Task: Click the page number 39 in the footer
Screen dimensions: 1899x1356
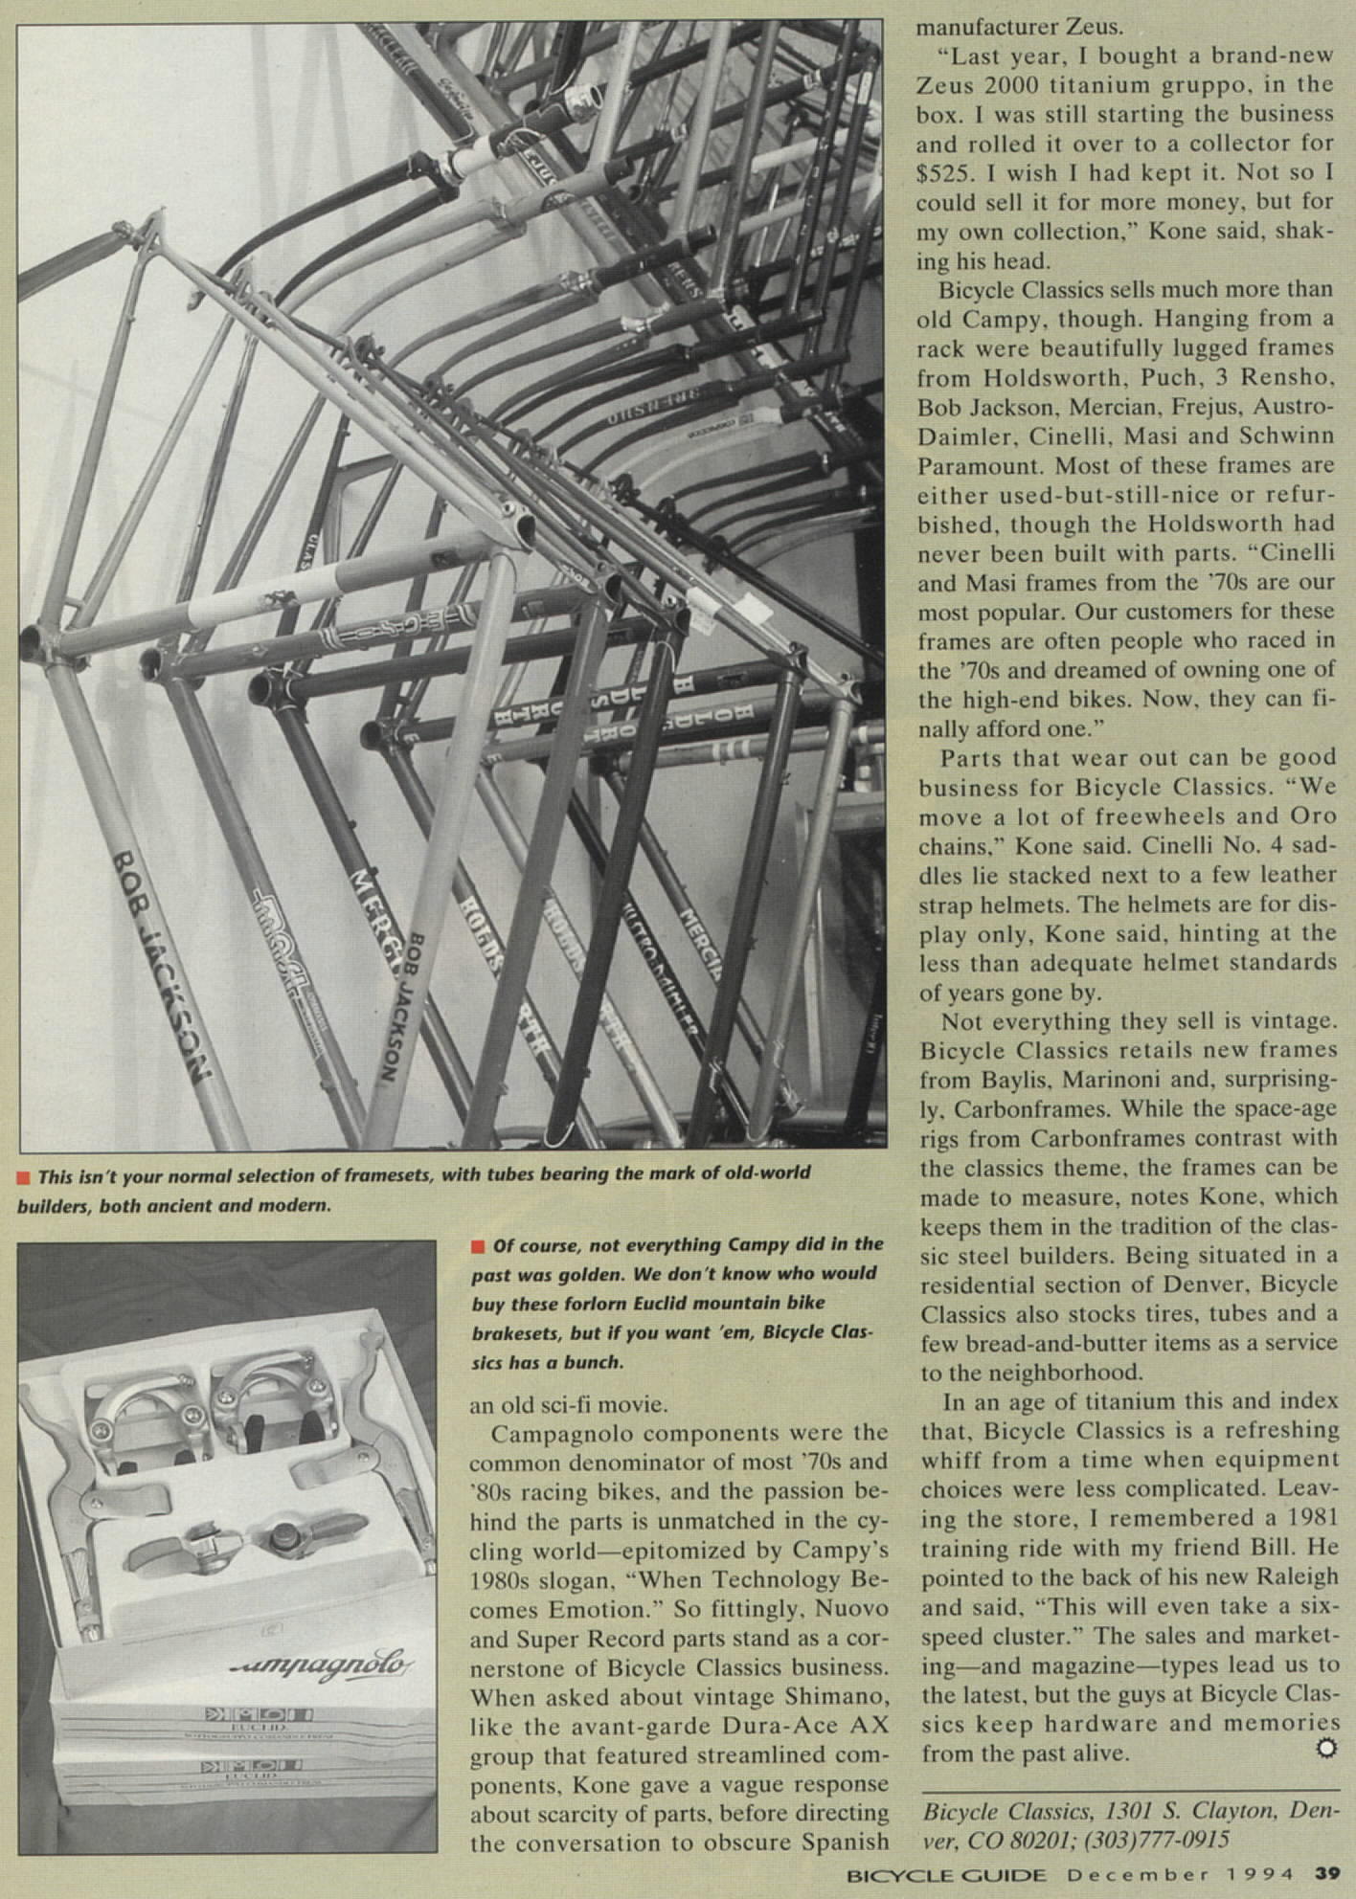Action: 1326,1873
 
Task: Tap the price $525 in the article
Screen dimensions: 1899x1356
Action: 943,173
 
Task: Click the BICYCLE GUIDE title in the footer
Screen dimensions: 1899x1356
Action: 947,1873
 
